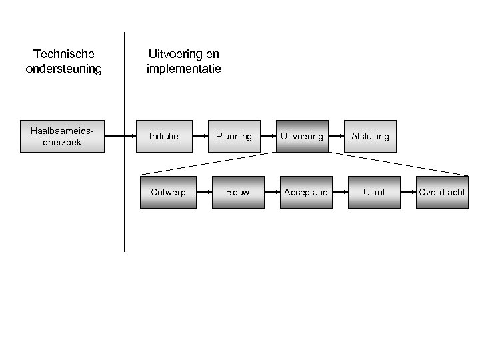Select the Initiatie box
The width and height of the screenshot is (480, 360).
[164, 136]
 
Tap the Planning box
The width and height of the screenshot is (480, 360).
[233, 136]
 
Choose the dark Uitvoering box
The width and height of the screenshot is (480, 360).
[301, 136]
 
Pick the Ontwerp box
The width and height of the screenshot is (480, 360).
[168, 192]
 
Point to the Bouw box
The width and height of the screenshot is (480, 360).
[237, 192]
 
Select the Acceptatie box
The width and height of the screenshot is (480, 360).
[306, 192]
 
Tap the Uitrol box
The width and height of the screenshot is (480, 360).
[374, 192]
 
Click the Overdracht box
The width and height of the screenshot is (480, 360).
[442, 192]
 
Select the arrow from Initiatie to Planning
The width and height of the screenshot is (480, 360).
[199, 136]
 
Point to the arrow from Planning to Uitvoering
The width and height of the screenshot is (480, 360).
[267, 136]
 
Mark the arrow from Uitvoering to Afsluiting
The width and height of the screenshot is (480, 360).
[335, 136]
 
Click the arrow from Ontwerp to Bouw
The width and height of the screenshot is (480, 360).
[203, 192]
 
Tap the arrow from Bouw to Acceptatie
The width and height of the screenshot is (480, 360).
[271, 192]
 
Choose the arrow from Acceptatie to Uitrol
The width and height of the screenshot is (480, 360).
[340, 192]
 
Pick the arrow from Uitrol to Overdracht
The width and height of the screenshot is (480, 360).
[408, 192]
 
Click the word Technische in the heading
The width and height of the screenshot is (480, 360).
[64, 53]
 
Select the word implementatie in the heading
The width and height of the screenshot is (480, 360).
[183, 68]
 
